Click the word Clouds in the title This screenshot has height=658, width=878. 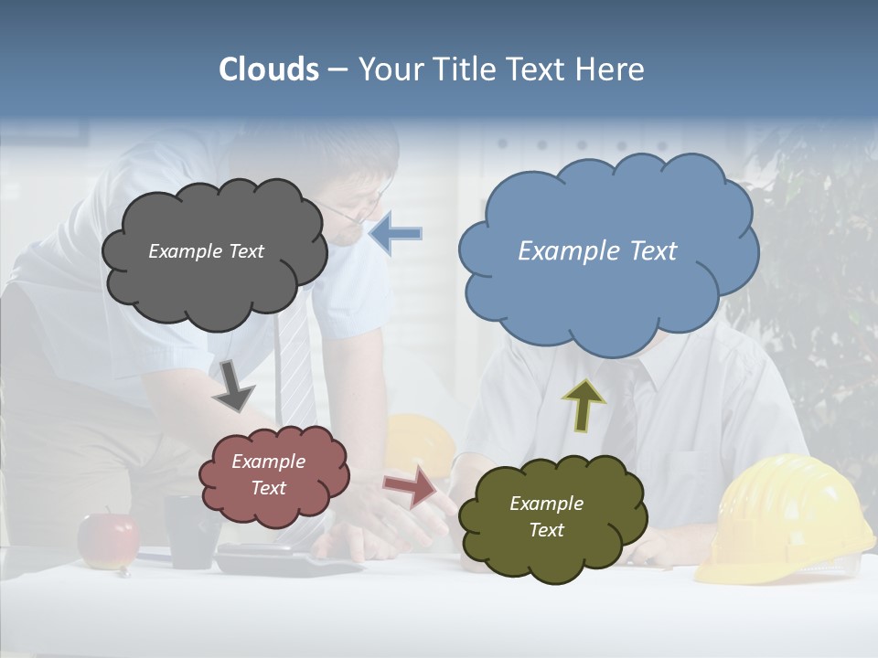pyautogui.click(x=269, y=69)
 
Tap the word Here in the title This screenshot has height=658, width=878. pyautogui.click(x=611, y=69)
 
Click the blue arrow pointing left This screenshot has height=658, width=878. pyautogui.click(x=396, y=233)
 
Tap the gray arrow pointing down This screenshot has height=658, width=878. pyautogui.click(x=234, y=384)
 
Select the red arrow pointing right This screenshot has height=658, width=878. pyautogui.click(x=410, y=485)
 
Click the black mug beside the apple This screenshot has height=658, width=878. pyautogui.click(x=191, y=530)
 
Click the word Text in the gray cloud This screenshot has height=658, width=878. pyautogui.click(x=245, y=251)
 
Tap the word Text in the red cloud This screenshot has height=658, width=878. pyautogui.click(x=269, y=488)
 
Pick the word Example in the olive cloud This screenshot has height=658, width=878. pyautogui.click(x=546, y=504)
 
